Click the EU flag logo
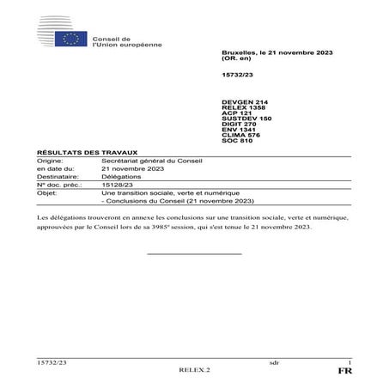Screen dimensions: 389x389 coord(70,38)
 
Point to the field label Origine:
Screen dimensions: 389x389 coord(50,162)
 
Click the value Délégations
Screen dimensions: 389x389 coord(121,176)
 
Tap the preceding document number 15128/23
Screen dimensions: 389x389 coord(117,184)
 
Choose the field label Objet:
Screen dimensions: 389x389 coord(46,191)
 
